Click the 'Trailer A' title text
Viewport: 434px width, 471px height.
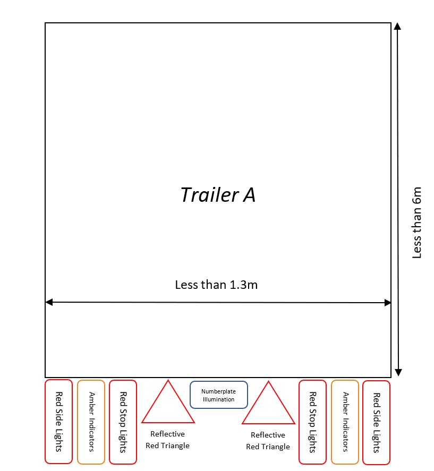click(218, 195)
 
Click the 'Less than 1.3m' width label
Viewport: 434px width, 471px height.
click(216, 285)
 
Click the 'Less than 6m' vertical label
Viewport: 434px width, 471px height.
click(417, 222)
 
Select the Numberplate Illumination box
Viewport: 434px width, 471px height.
click(218, 395)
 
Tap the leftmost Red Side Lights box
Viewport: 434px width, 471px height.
click(58, 422)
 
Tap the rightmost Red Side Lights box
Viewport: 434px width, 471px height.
click(376, 422)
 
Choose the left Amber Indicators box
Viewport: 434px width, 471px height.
click(91, 422)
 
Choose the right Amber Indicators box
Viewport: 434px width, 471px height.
click(345, 422)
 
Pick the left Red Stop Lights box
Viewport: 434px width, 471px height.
click(123, 422)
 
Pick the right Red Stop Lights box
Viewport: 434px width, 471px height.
click(313, 422)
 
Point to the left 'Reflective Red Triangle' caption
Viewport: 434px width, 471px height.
click(167, 440)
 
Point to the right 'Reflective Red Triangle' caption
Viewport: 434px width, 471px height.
click(268, 441)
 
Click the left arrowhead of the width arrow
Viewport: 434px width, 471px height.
click(49, 302)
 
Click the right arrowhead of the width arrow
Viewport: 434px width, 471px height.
click(387, 303)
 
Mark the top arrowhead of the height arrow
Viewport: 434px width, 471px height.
click(397, 26)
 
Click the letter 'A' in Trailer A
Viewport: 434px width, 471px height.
click(249, 195)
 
